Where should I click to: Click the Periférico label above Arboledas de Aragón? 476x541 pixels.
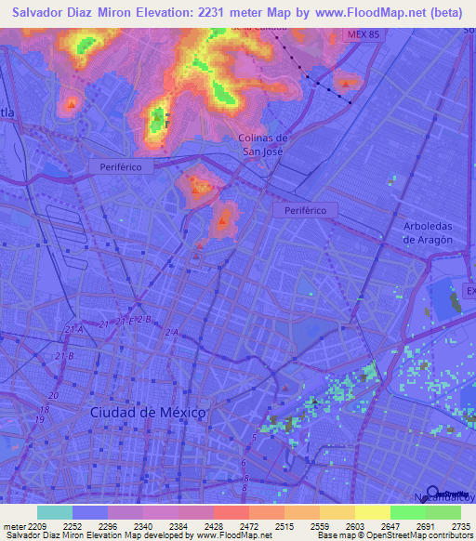point(305,211)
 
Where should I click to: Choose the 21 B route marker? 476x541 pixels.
point(64,355)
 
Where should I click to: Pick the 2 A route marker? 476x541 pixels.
point(171,332)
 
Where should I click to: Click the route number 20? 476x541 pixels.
point(54,396)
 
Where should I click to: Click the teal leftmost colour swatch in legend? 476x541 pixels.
point(55,512)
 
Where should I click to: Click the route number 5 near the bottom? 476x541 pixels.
point(254,437)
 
